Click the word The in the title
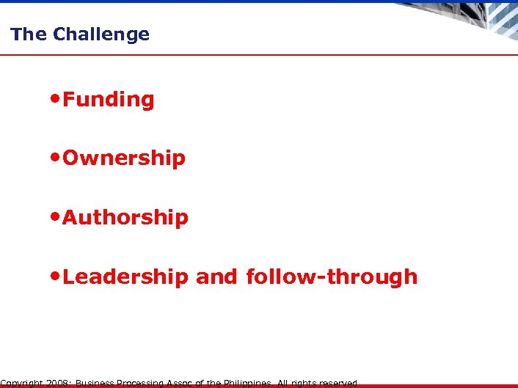pyautogui.click(x=29, y=34)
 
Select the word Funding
pyautogui.click(x=109, y=100)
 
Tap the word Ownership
pyautogui.click(x=124, y=158)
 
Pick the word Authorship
pyautogui.click(x=125, y=218)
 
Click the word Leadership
pyautogui.click(x=125, y=277)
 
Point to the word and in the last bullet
pyautogui.click(x=217, y=277)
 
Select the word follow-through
pyautogui.click(x=332, y=277)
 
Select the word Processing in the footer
pyautogui.click(x=140, y=383)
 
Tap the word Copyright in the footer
pyautogui.click(x=22, y=383)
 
